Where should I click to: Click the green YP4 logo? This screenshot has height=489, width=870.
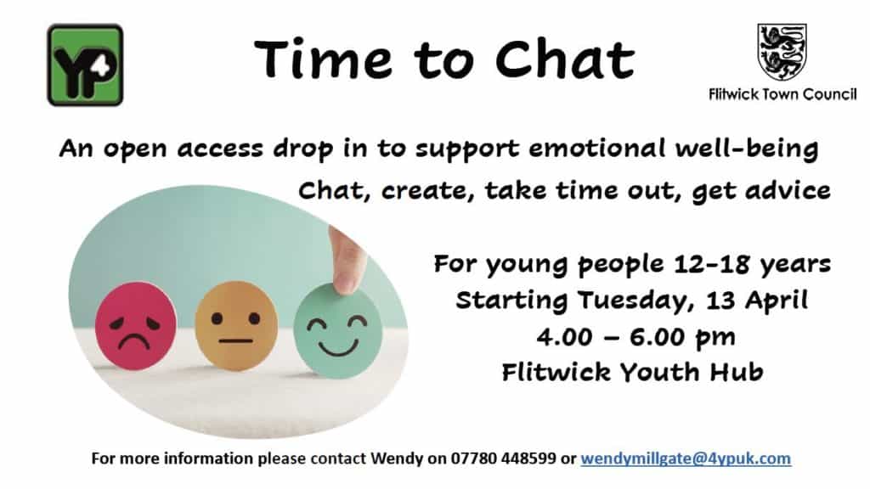pos(85,65)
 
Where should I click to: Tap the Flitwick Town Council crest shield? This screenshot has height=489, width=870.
pos(782,52)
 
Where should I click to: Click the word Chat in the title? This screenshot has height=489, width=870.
pos(565,59)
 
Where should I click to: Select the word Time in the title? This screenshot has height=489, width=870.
pos(324,59)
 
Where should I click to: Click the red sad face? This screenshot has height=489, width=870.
pos(135,325)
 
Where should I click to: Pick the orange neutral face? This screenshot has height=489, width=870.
pos(236,325)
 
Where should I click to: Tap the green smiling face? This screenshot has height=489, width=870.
pos(338,331)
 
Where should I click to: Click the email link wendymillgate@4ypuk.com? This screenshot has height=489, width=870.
pos(686,458)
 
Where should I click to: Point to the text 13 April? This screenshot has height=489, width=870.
pos(757,301)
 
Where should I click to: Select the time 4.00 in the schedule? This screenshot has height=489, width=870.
pos(564,336)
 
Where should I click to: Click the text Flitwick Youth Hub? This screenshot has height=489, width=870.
pos(632,372)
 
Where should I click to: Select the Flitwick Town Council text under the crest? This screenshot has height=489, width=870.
pos(782,95)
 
